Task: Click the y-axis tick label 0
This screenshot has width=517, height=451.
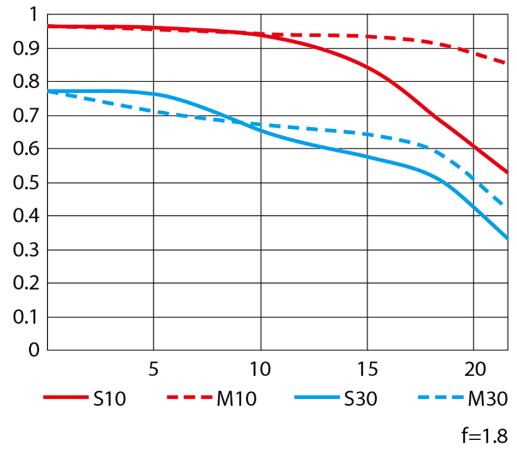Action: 33,351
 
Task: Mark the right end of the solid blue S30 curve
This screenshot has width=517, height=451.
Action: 507,238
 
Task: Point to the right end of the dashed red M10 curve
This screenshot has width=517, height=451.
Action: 507,63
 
